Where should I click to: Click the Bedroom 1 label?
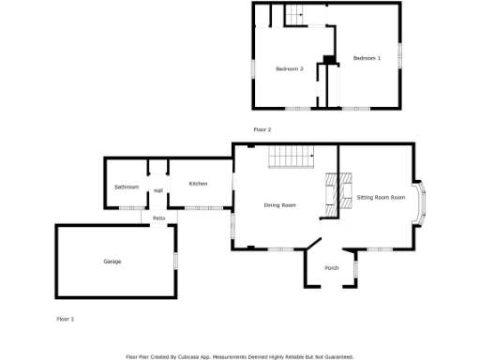(367, 59)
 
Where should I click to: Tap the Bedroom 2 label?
(289, 69)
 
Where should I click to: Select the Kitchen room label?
(198, 184)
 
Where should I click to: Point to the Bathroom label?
(127, 187)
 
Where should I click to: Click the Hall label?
(157, 191)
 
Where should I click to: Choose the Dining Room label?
(279, 205)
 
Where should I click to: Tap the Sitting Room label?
(381, 198)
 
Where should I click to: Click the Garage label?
(112, 262)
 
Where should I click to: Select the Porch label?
(332, 269)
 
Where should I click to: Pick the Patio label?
(159, 218)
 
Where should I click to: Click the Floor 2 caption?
(262, 129)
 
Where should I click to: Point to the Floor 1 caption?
(66, 320)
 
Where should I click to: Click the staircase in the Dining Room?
(290, 157)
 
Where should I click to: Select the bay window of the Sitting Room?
(423, 197)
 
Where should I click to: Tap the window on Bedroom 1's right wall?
(402, 56)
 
